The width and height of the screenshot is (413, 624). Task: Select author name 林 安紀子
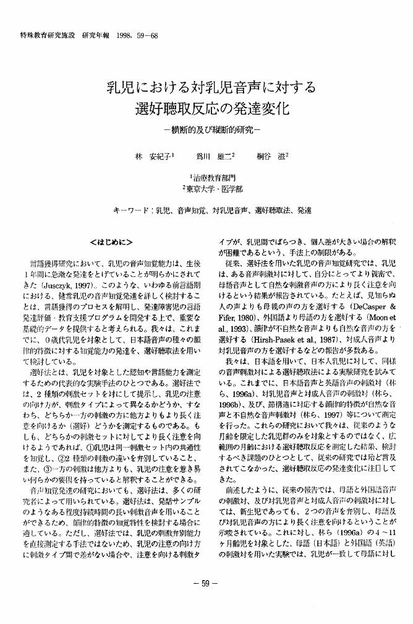pos(151,157)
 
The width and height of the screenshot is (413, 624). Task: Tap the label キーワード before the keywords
pos(131,211)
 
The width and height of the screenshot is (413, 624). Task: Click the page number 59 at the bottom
pos(205,581)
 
